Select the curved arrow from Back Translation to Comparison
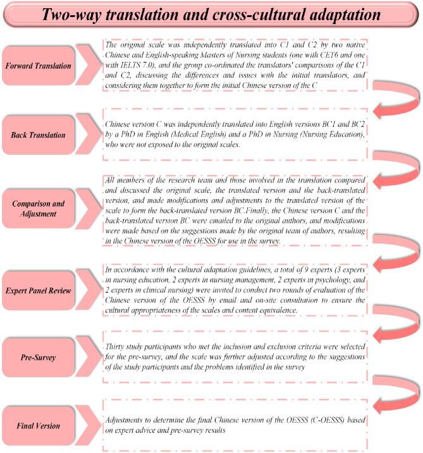(x=391, y=166)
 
